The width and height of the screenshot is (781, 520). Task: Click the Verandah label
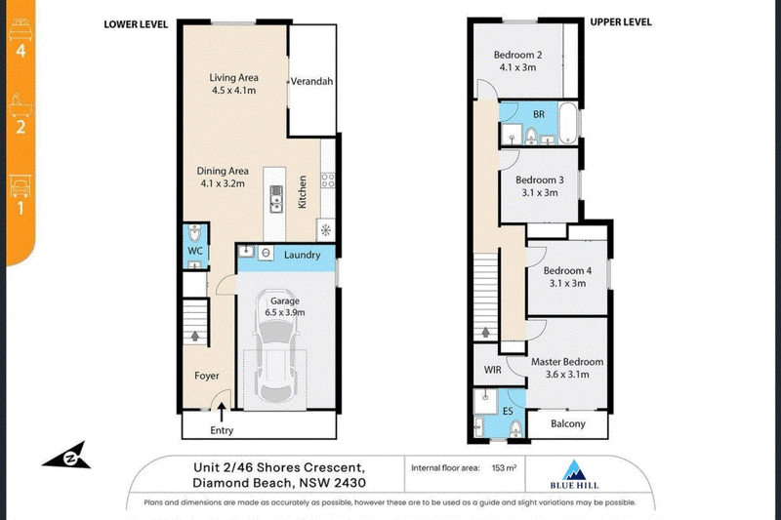(x=311, y=82)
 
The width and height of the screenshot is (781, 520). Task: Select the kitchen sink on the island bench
(x=276, y=199)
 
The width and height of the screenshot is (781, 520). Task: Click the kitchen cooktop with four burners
(x=328, y=180)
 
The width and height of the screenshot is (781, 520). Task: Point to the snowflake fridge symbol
(x=325, y=230)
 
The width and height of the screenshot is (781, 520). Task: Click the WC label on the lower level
(x=195, y=251)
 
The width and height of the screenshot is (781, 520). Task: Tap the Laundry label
(x=302, y=256)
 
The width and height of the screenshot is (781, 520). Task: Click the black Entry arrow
(x=222, y=413)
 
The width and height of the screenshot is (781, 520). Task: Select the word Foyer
(x=207, y=376)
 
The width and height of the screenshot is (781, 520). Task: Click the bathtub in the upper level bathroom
(x=568, y=123)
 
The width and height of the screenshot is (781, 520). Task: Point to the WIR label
(x=493, y=370)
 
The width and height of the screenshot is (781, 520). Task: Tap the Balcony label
(x=568, y=424)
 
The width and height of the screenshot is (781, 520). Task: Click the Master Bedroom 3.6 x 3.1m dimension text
(x=567, y=375)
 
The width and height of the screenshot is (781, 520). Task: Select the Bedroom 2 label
(x=517, y=55)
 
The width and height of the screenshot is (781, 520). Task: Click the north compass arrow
(x=68, y=456)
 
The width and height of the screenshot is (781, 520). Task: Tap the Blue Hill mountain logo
(x=574, y=469)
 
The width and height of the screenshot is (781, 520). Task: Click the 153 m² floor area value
(x=504, y=467)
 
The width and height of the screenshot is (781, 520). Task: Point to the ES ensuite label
(x=508, y=411)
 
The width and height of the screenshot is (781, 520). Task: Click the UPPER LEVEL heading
(x=621, y=22)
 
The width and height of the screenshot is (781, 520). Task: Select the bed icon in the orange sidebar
(x=21, y=30)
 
